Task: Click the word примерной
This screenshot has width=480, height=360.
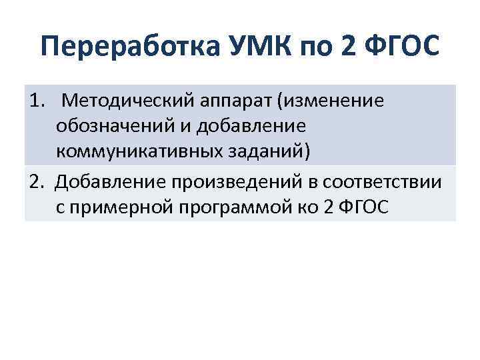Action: coord(125,207)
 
